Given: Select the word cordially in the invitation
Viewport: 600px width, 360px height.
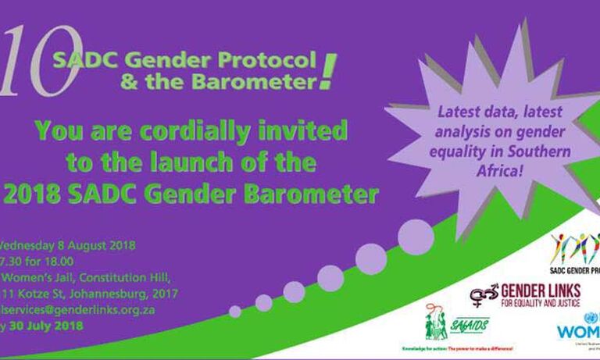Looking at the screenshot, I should (216, 130).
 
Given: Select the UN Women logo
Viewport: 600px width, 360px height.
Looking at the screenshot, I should (578, 328).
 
